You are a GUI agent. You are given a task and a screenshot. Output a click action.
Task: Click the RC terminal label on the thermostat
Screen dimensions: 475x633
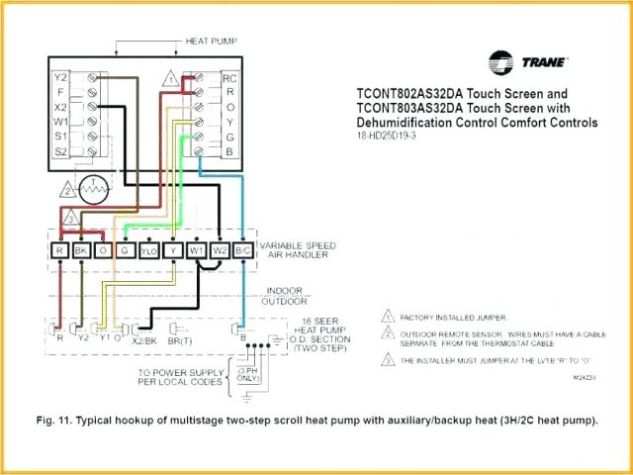(229, 77)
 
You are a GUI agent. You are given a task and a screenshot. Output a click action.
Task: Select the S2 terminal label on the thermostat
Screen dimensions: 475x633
(60, 150)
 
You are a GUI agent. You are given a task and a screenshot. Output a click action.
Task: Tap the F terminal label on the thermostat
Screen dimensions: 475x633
(60, 91)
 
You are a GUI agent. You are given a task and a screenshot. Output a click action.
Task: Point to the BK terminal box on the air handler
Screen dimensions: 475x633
(81, 252)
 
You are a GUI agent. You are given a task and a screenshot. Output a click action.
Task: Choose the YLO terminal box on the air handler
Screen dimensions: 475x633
(148, 252)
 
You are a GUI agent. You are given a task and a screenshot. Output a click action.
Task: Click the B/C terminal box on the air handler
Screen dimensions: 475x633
(241, 252)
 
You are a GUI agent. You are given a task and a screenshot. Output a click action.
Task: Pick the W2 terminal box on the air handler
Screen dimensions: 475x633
(219, 252)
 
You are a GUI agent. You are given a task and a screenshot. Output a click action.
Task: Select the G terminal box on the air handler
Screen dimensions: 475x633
(126, 252)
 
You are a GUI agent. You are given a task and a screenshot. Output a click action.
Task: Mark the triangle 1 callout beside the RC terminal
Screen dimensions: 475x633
(171, 77)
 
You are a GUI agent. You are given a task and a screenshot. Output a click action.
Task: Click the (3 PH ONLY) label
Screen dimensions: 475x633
(250, 374)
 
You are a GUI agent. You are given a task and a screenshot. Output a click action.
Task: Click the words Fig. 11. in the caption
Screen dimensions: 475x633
(54, 421)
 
